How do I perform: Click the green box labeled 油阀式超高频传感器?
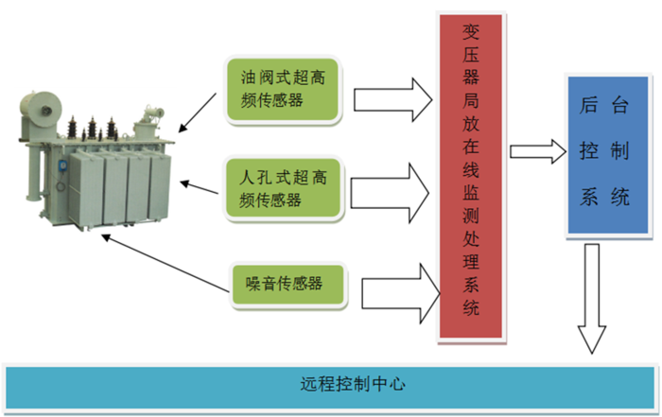click(x=280, y=91)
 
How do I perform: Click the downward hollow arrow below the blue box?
click(x=594, y=298)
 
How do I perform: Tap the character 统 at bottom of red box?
click(x=472, y=307)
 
